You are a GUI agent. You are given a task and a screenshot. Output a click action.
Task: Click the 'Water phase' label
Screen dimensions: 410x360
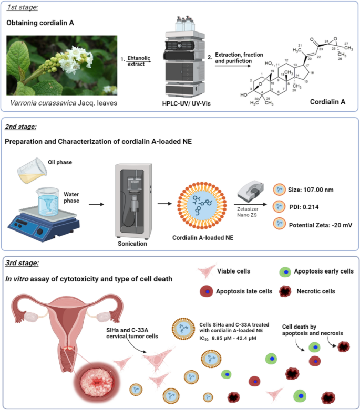click(x=63, y=184)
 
